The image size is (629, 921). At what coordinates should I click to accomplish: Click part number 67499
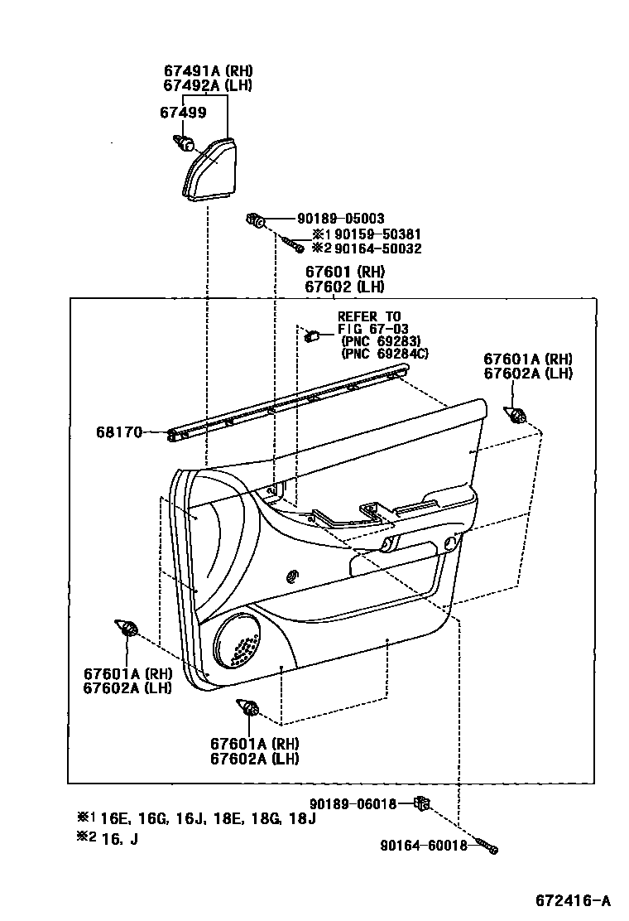click(x=184, y=113)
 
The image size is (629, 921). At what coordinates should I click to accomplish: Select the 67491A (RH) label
click(x=207, y=71)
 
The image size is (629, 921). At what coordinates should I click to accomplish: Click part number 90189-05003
click(x=340, y=219)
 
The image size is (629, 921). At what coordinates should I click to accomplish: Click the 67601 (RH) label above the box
click(x=344, y=272)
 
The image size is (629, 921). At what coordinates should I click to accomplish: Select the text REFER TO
click(x=368, y=316)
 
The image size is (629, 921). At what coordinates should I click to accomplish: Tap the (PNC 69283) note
click(x=380, y=341)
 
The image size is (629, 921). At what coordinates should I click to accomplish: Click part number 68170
click(x=120, y=432)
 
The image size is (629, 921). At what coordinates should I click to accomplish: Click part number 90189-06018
click(x=353, y=803)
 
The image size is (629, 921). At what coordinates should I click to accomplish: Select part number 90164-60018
click(x=424, y=845)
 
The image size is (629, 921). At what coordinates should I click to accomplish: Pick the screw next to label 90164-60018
click(x=489, y=847)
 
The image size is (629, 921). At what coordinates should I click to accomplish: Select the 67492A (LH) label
click(x=207, y=85)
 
